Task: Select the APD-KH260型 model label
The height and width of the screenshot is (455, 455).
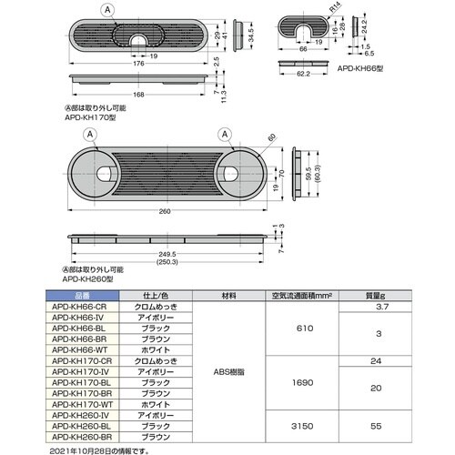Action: (x=94, y=281)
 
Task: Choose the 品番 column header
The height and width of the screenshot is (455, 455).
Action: (x=80, y=295)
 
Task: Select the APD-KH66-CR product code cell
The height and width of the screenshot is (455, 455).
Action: (x=80, y=308)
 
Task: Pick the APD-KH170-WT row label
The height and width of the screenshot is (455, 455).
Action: (x=80, y=401)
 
